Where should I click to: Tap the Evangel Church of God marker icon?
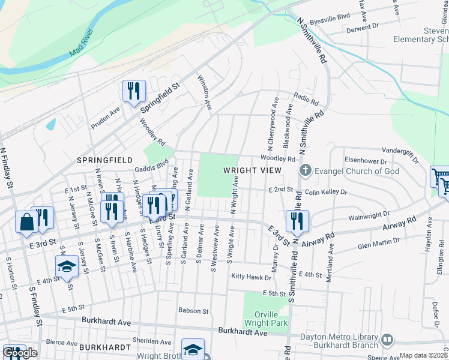306,171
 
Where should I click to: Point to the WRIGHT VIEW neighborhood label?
252,170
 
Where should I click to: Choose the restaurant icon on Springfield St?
134,91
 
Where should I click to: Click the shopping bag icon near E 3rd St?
28,222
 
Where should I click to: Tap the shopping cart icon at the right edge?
441,178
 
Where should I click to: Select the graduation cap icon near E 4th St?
67,267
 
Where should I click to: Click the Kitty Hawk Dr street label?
250,277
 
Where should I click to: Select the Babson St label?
193,311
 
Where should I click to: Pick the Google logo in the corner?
20,353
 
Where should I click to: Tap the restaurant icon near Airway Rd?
297,220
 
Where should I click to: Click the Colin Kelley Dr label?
326,193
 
